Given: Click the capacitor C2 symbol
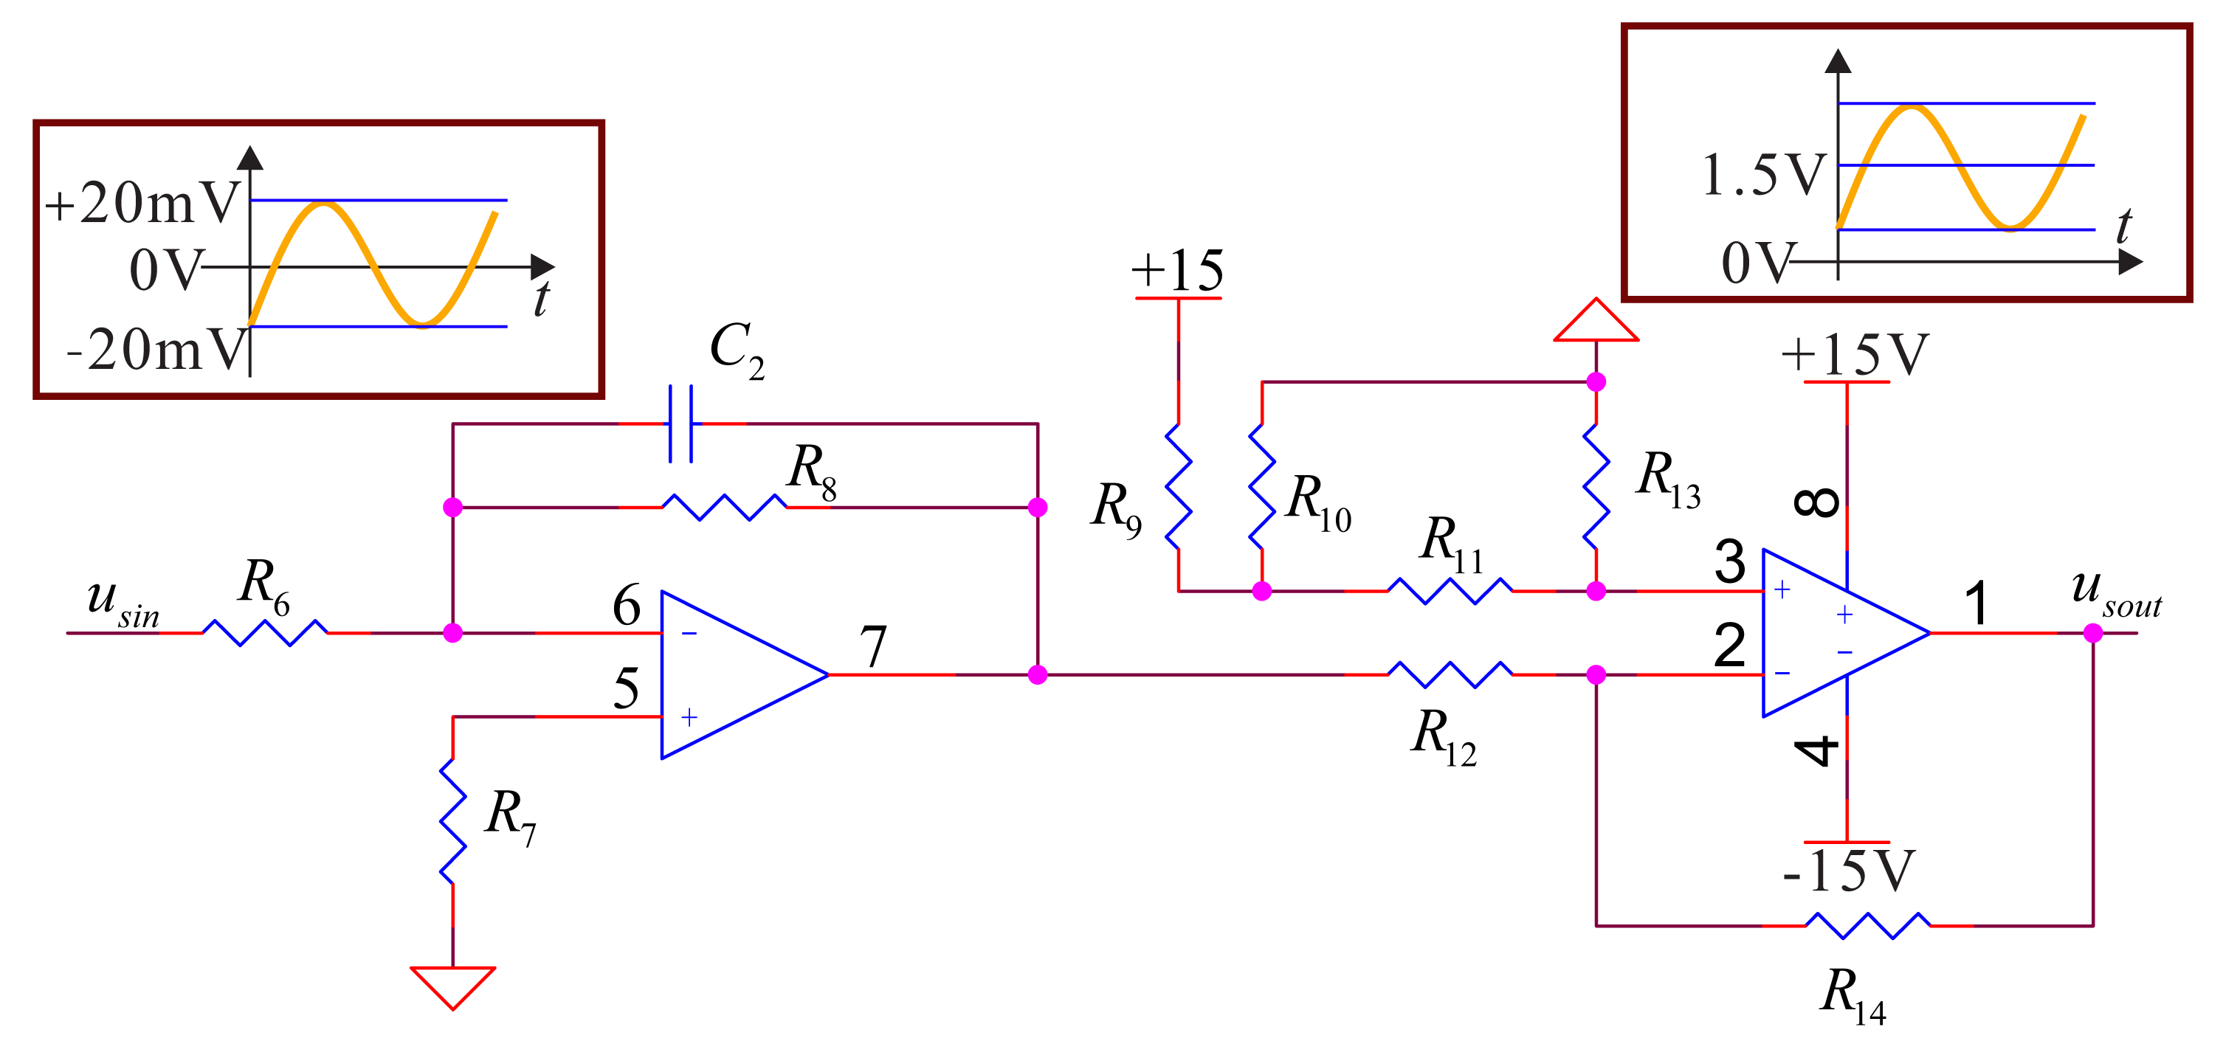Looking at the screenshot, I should click(x=680, y=423).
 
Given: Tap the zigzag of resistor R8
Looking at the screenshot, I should click(x=723, y=507).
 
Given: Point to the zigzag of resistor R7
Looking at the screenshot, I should click(x=453, y=820).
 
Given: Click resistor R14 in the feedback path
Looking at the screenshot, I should click(x=1867, y=925).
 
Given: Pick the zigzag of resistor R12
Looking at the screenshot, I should click(x=1449, y=674).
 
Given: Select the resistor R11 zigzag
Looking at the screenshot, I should click(x=1449, y=591).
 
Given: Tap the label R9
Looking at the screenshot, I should click(x=1115, y=509).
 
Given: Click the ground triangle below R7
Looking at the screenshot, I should click(x=453, y=983).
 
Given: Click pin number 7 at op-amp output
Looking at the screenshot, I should click(x=872, y=646).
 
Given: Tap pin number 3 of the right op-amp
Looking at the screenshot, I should click(x=1729, y=561).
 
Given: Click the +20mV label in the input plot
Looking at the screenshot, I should click(x=142, y=204).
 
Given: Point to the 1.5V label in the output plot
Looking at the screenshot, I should click(x=1763, y=175).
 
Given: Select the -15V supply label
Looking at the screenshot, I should click(x=1850, y=871).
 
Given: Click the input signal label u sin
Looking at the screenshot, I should click(x=123, y=601).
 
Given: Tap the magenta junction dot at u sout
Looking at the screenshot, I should click(x=2092, y=634).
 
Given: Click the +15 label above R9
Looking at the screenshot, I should click(x=1177, y=271).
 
